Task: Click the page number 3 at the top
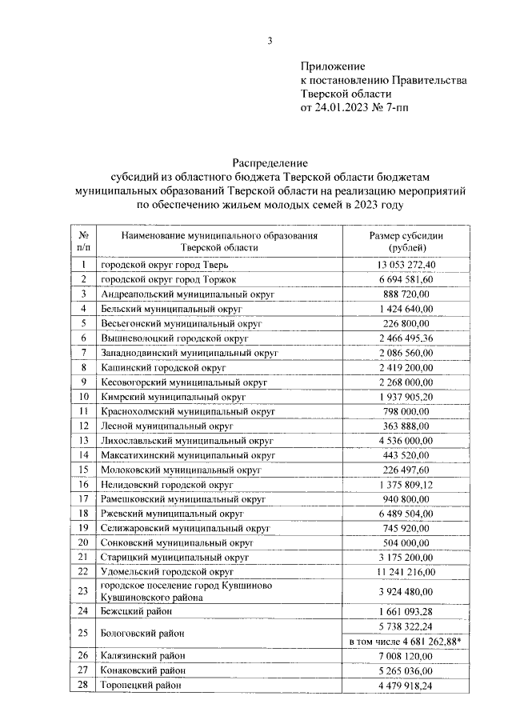pyautogui.click(x=270, y=42)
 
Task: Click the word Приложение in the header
pyautogui.click(x=333, y=66)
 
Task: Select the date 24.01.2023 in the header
pyautogui.click(x=345, y=106)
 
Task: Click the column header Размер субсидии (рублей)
pyautogui.click(x=406, y=242)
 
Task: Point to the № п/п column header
pyautogui.click(x=83, y=242)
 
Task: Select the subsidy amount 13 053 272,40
pyautogui.click(x=406, y=265)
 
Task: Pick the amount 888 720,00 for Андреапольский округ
pyautogui.click(x=406, y=294)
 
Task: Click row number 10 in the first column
pyautogui.click(x=83, y=397)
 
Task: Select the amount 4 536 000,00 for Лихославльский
pyautogui.click(x=406, y=441)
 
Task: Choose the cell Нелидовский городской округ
pyautogui.click(x=166, y=485)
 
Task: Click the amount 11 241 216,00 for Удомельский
pyautogui.click(x=406, y=572)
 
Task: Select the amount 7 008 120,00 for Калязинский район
pyautogui.click(x=406, y=656)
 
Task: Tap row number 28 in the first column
pyautogui.click(x=83, y=686)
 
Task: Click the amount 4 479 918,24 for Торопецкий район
pyautogui.click(x=406, y=686)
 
